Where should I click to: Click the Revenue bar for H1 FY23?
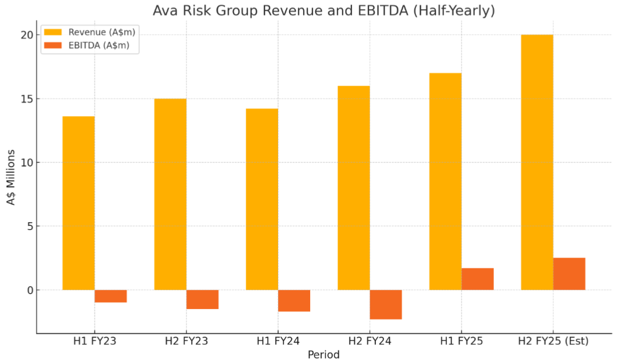tap(78, 203)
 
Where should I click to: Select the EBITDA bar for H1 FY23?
tap(110, 296)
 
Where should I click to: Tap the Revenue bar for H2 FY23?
tap(170, 195)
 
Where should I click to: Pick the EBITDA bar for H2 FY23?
tap(202, 299)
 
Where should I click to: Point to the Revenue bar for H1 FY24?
tap(262, 199)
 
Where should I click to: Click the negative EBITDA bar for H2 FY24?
tap(386, 304)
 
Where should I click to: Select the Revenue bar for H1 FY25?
tap(445, 181)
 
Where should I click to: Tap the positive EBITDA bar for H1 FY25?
tap(477, 279)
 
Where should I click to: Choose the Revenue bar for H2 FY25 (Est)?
tap(537, 162)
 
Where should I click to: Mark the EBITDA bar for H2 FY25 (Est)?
tap(569, 274)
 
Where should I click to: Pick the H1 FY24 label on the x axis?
tap(278, 342)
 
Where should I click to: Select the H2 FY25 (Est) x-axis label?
tap(553, 342)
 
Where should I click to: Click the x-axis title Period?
tap(323, 355)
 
